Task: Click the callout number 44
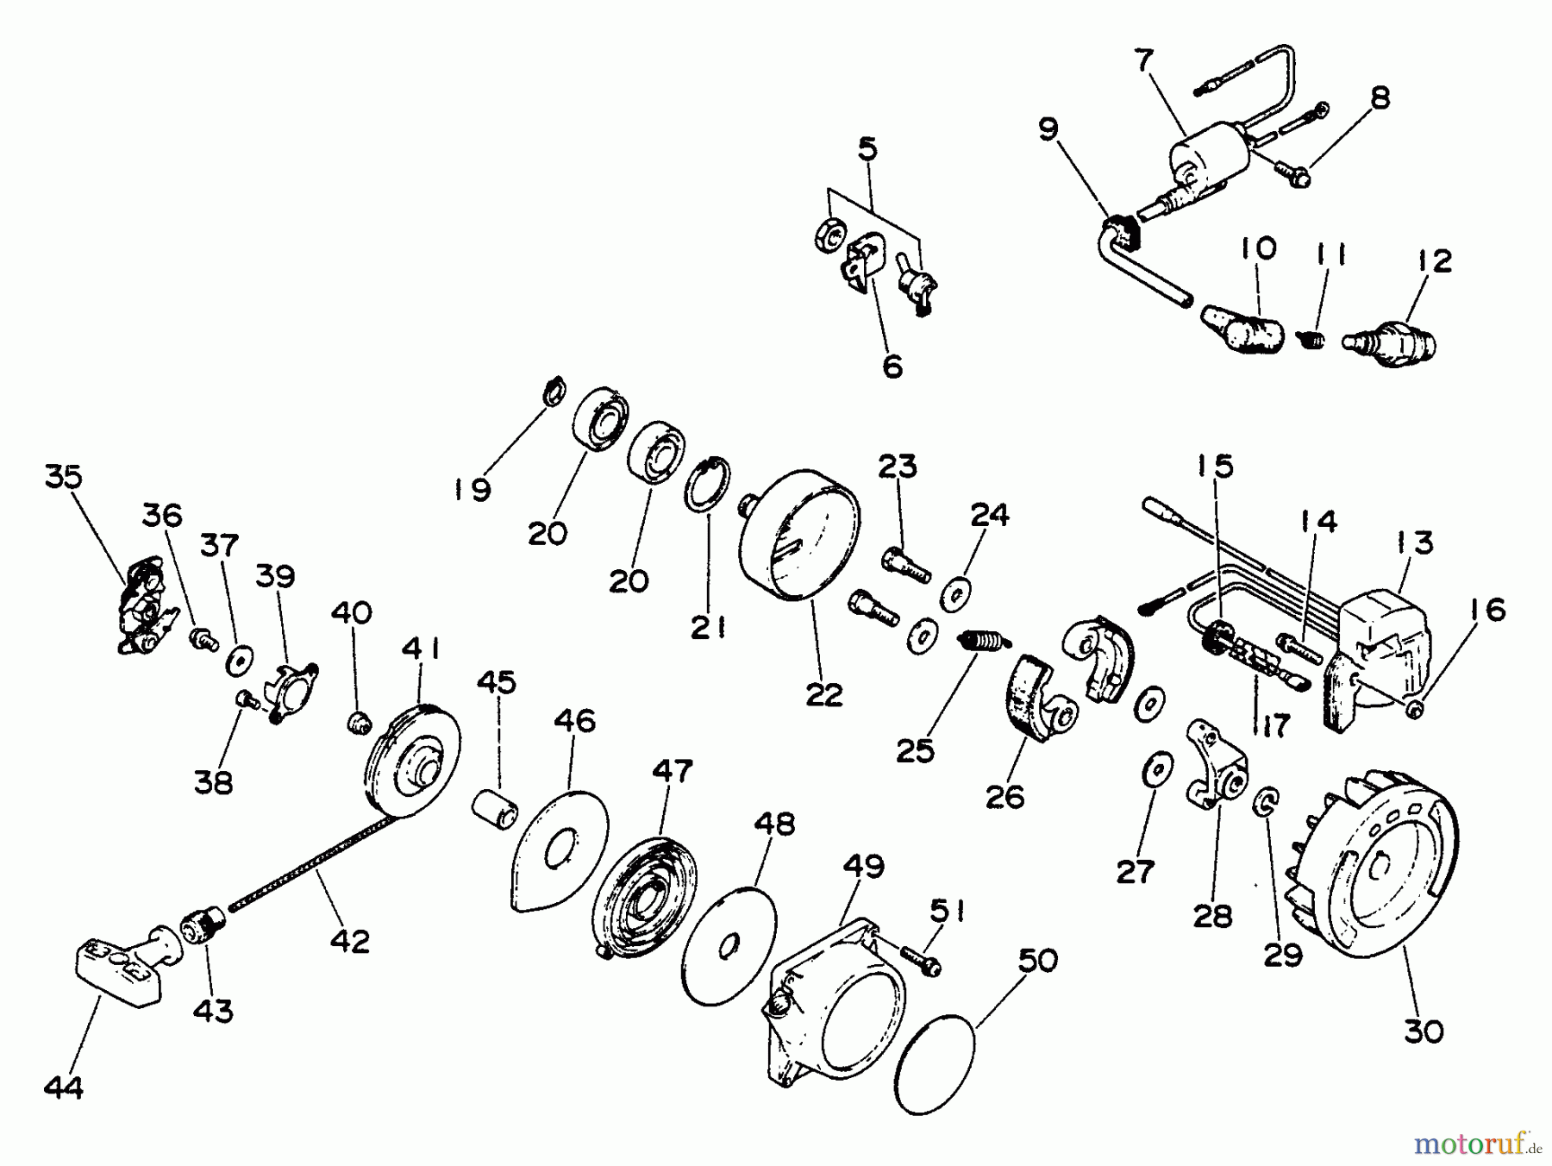(64, 1088)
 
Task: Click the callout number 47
(672, 771)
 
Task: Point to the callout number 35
(63, 477)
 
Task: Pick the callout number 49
(865, 868)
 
